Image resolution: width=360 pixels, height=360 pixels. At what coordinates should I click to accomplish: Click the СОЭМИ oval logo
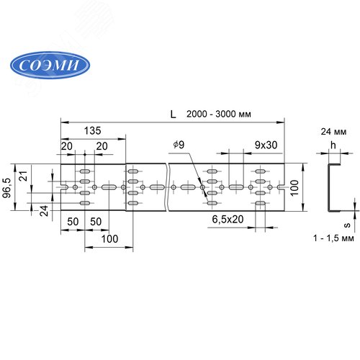click(50, 65)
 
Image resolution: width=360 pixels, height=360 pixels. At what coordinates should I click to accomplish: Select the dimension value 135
click(92, 131)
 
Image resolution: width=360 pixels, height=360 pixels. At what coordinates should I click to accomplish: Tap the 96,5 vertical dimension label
click(6, 188)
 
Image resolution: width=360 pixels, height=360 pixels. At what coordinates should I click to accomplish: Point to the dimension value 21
click(24, 176)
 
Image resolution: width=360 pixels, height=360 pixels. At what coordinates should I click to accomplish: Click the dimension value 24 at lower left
click(44, 211)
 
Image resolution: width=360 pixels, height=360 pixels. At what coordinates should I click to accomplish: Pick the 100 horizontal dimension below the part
click(109, 239)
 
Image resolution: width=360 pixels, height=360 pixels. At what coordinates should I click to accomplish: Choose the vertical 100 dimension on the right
click(294, 188)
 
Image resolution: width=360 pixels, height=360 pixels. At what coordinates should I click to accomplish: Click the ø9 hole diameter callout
click(179, 145)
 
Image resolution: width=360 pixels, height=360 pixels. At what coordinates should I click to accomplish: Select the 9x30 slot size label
click(266, 145)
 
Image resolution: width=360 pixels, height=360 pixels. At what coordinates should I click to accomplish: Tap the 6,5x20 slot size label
click(228, 219)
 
